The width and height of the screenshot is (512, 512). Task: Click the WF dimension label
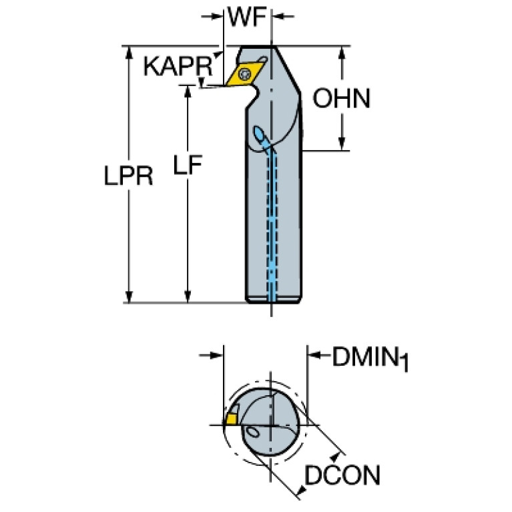[x=248, y=16]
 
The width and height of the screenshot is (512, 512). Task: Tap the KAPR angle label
[x=177, y=67]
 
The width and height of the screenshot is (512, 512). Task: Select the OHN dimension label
[x=341, y=99]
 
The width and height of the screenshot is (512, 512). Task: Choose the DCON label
[x=342, y=476]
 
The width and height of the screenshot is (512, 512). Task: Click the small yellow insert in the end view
[x=231, y=419]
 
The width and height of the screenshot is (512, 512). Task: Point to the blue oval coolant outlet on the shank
[x=262, y=138]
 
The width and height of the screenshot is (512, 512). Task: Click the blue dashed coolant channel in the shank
[x=272, y=220]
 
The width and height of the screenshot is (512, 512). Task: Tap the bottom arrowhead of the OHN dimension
[x=342, y=144]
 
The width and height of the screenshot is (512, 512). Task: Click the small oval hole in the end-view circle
[x=253, y=433]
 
